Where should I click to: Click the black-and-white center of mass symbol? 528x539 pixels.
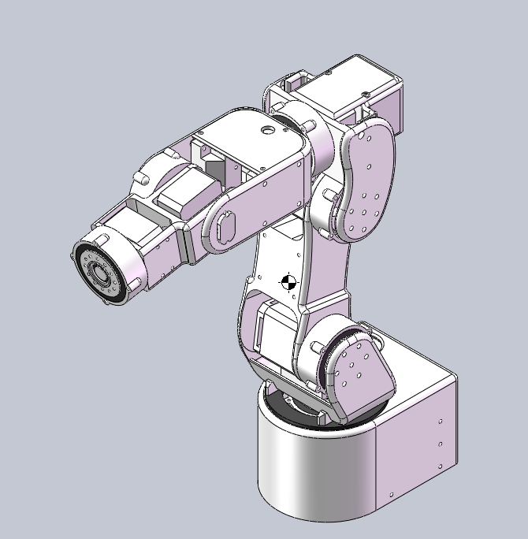288,281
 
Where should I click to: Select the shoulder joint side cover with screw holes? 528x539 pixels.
359,371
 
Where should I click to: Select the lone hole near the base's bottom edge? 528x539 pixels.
390,495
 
